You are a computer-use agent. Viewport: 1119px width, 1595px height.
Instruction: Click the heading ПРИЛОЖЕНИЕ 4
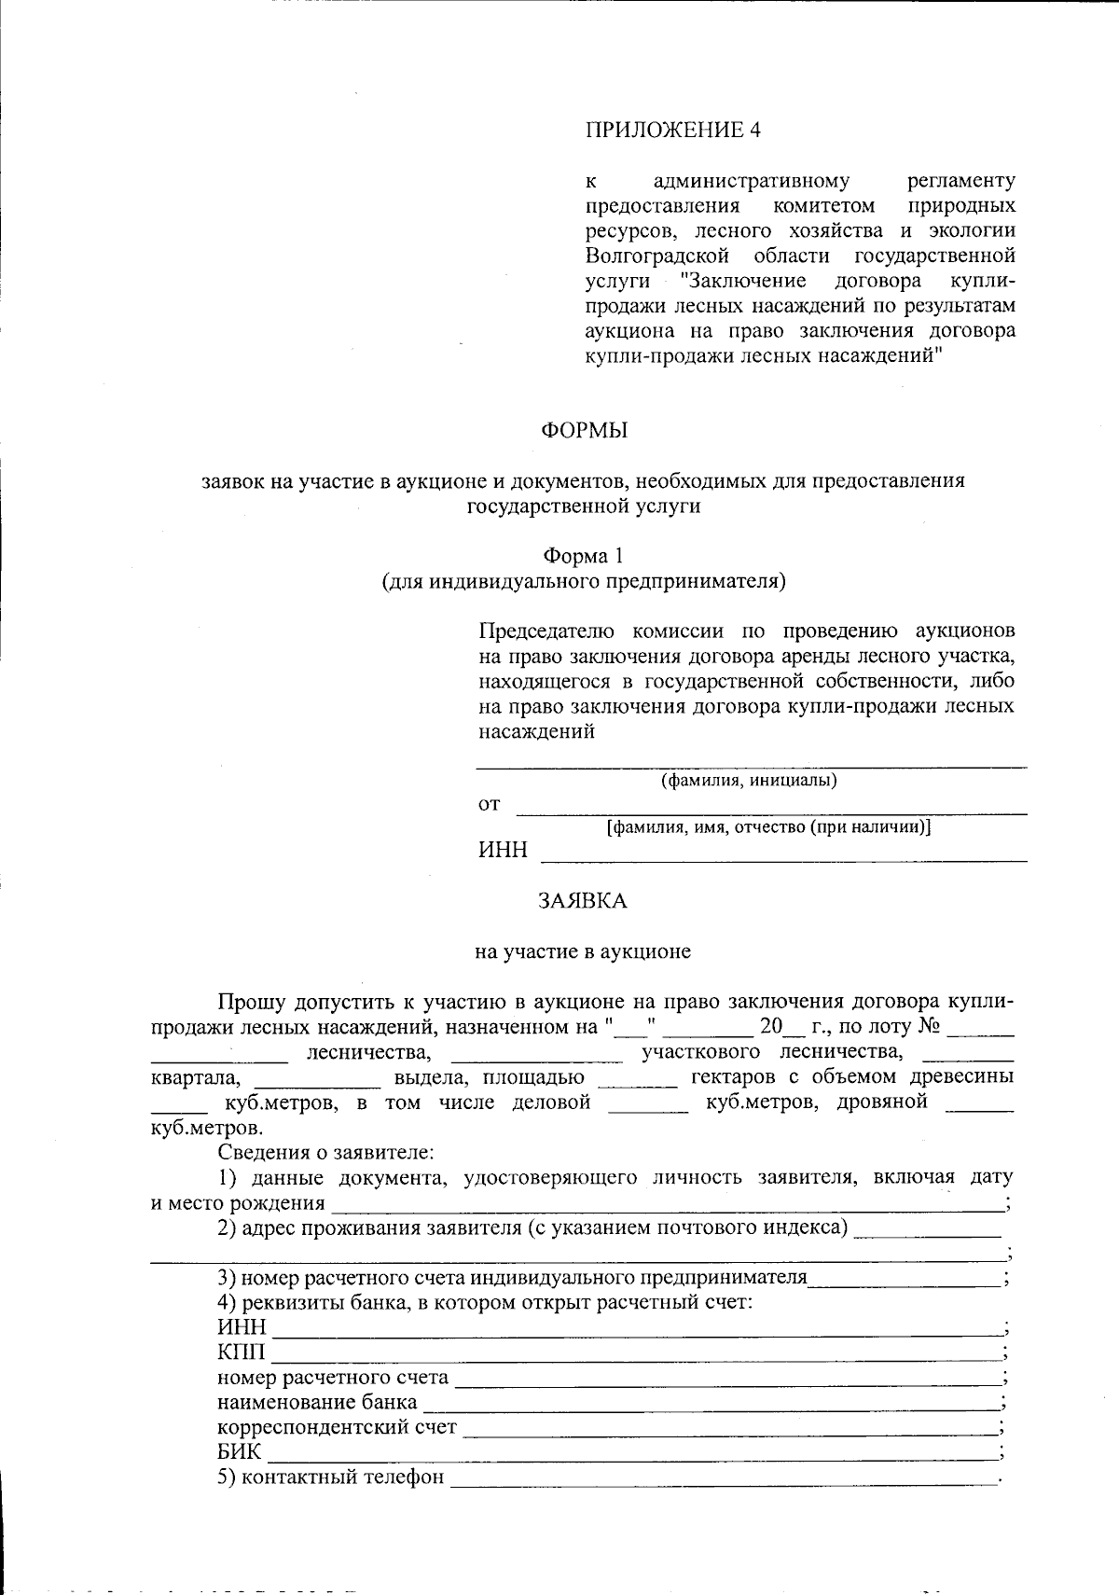pos(672,130)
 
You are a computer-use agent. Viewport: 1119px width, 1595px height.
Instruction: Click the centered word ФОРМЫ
pos(584,431)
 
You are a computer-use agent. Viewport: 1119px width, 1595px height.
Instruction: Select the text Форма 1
pos(584,556)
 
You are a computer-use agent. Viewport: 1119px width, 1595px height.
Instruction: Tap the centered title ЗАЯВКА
pos(583,901)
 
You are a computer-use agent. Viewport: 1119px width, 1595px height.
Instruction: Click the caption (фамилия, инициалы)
pos(748,781)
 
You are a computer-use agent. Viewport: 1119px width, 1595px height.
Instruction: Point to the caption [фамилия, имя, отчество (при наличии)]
pos(768,826)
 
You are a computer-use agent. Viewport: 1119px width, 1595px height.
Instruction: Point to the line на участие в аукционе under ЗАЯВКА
pos(583,951)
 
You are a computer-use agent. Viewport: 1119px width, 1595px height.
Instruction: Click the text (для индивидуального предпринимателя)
pos(584,582)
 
